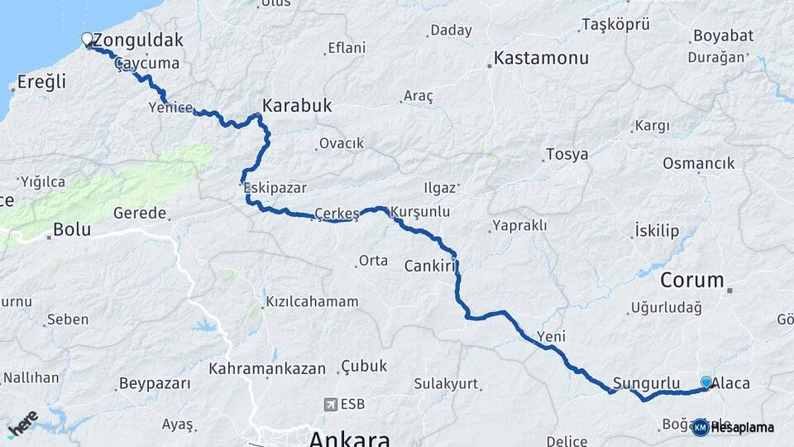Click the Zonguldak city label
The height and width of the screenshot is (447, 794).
pyautogui.click(x=138, y=40)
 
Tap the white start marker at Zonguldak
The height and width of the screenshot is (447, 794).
pyautogui.click(x=87, y=38)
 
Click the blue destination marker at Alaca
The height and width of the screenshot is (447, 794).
pyautogui.click(x=706, y=382)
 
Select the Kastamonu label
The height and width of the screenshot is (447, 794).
pyautogui.click(x=541, y=59)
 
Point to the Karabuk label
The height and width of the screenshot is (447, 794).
pyautogui.click(x=297, y=106)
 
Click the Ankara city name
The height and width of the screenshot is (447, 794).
pyautogui.click(x=349, y=438)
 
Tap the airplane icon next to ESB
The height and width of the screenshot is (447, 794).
pyautogui.click(x=331, y=405)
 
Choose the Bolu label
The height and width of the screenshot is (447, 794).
pyautogui.click(x=71, y=229)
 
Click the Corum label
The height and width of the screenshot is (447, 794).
pyautogui.click(x=691, y=279)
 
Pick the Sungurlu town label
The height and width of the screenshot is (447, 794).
pyautogui.click(x=646, y=383)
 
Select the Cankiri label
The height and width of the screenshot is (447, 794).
pyautogui.click(x=431, y=266)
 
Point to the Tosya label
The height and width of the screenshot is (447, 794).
pyautogui.click(x=567, y=155)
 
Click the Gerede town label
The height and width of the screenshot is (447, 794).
pyautogui.click(x=140, y=213)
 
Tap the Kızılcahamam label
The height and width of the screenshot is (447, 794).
pyautogui.click(x=312, y=302)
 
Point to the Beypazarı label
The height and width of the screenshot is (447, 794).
pyautogui.click(x=155, y=383)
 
